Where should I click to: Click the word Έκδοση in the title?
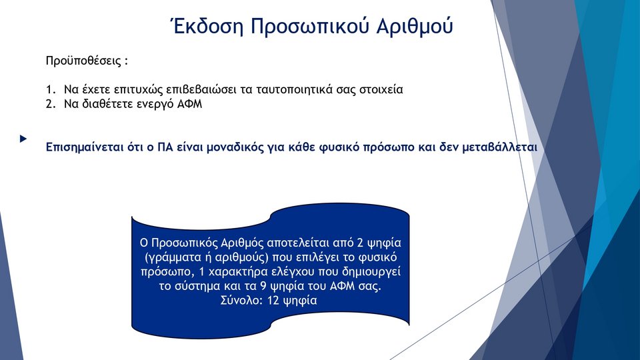[207, 26]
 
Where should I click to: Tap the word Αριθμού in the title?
[414, 27]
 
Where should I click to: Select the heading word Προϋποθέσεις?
[84, 61]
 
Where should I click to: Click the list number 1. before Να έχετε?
[51, 89]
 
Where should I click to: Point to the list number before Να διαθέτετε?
[51, 104]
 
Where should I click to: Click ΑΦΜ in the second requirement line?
[189, 104]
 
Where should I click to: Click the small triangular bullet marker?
[23, 139]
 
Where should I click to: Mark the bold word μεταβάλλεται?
[499, 147]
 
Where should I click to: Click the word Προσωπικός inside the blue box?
[184, 243]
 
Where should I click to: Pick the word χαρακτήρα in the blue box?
[232, 272]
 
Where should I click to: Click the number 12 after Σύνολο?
[273, 301]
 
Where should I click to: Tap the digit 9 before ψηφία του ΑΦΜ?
[263, 286]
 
